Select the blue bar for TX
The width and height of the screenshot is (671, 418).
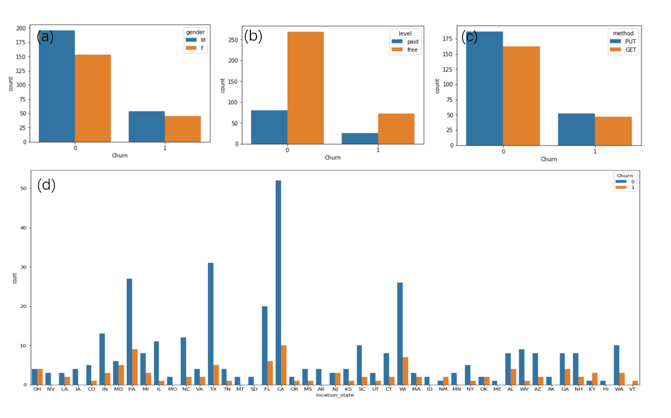tap(211, 324)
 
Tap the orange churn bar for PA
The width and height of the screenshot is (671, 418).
tap(134, 367)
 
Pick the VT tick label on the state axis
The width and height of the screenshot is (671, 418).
tap(633, 390)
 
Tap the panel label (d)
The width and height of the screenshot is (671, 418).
tap(47, 185)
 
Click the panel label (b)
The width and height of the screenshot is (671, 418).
tap(253, 36)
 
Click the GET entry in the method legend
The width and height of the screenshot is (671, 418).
tap(627, 50)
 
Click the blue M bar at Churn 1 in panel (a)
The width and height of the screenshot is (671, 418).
tap(146, 126)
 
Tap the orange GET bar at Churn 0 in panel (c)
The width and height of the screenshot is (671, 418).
tap(521, 95)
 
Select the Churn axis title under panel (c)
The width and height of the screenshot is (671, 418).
tap(549, 159)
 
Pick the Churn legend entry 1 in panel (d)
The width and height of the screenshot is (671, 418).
tap(627, 187)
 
